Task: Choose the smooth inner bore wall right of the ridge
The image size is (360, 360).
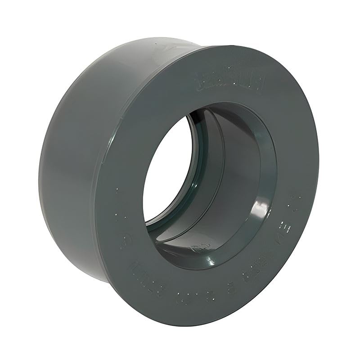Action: click(x=243, y=180)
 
